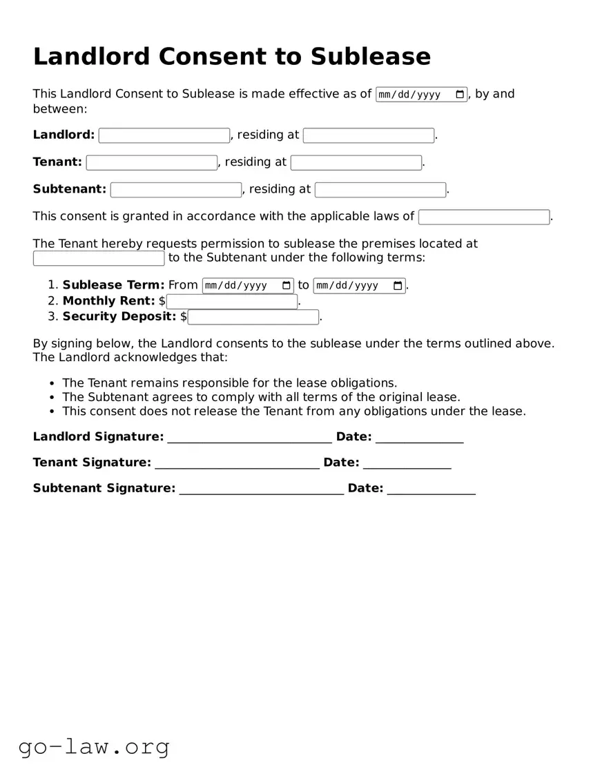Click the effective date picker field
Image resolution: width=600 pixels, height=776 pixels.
(x=421, y=95)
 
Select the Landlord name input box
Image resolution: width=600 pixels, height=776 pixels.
(x=164, y=135)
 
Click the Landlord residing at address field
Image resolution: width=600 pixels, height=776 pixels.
(x=369, y=135)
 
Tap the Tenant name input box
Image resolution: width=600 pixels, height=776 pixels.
(x=152, y=163)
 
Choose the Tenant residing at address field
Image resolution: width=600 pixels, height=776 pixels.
(x=356, y=163)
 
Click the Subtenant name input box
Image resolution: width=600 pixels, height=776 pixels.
(x=176, y=190)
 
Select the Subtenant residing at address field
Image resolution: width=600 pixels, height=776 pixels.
(x=380, y=190)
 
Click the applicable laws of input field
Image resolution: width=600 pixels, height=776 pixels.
(x=484, y=217)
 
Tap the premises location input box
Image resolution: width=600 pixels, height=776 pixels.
(x=99, y=258)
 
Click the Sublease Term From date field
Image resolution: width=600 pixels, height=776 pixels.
(x=248, y=286)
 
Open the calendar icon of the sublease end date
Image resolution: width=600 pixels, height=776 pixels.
(x=398, y=286)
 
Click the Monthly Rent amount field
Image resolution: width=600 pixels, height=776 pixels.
(x=232, y=302)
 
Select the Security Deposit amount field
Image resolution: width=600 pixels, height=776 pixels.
(x=253, y=317)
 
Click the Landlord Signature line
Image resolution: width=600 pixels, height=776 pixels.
(x=249, y=438)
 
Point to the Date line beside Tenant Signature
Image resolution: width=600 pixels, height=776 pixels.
(x=407, y=463)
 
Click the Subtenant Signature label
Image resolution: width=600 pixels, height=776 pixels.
(x=104, y=488)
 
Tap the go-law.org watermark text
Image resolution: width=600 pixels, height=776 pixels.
(x=94, y=746)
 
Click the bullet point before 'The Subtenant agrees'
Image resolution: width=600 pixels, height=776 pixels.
(x=53, y=398)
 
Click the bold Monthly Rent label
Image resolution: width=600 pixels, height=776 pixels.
(x=108, y=301)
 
